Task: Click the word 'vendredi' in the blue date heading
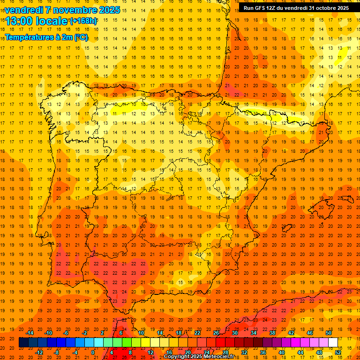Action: pos(24,10)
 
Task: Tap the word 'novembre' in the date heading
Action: pos(73,10)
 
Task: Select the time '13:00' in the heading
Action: pos(19,21)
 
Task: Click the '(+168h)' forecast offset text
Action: pos(83,21)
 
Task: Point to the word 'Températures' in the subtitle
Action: pos(29,37)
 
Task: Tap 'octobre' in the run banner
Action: pos(327,8)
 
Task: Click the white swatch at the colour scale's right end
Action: pos(333,343)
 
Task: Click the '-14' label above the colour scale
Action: pos(30,333)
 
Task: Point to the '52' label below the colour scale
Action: pos(338,352)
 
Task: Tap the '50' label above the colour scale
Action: pos(329,333)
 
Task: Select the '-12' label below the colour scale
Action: pos(39,352)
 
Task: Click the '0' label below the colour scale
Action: pos(93,352)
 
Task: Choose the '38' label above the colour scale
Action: pos(272,333)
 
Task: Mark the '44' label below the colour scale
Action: pos(300,352)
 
